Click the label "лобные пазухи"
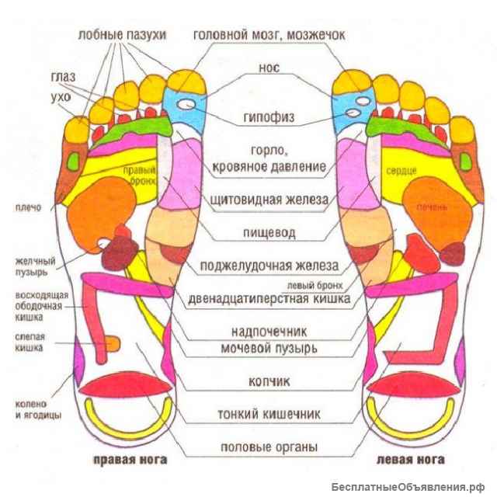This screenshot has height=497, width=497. click(x=122, y=34)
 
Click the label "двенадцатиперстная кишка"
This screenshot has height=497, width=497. click(x=269, y=297)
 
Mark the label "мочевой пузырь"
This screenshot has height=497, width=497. click(x=269, y=348)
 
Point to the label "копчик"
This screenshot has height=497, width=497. click(x=269, y=381)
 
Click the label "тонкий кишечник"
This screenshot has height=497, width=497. click(x=269, y=414)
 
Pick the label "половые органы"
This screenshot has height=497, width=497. click(x=269, y=447)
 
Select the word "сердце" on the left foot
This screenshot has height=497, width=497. click(x=401, y=170)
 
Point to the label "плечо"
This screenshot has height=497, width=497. click(x=23, y=208)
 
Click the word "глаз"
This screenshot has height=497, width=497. click(x=63, y=78)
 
